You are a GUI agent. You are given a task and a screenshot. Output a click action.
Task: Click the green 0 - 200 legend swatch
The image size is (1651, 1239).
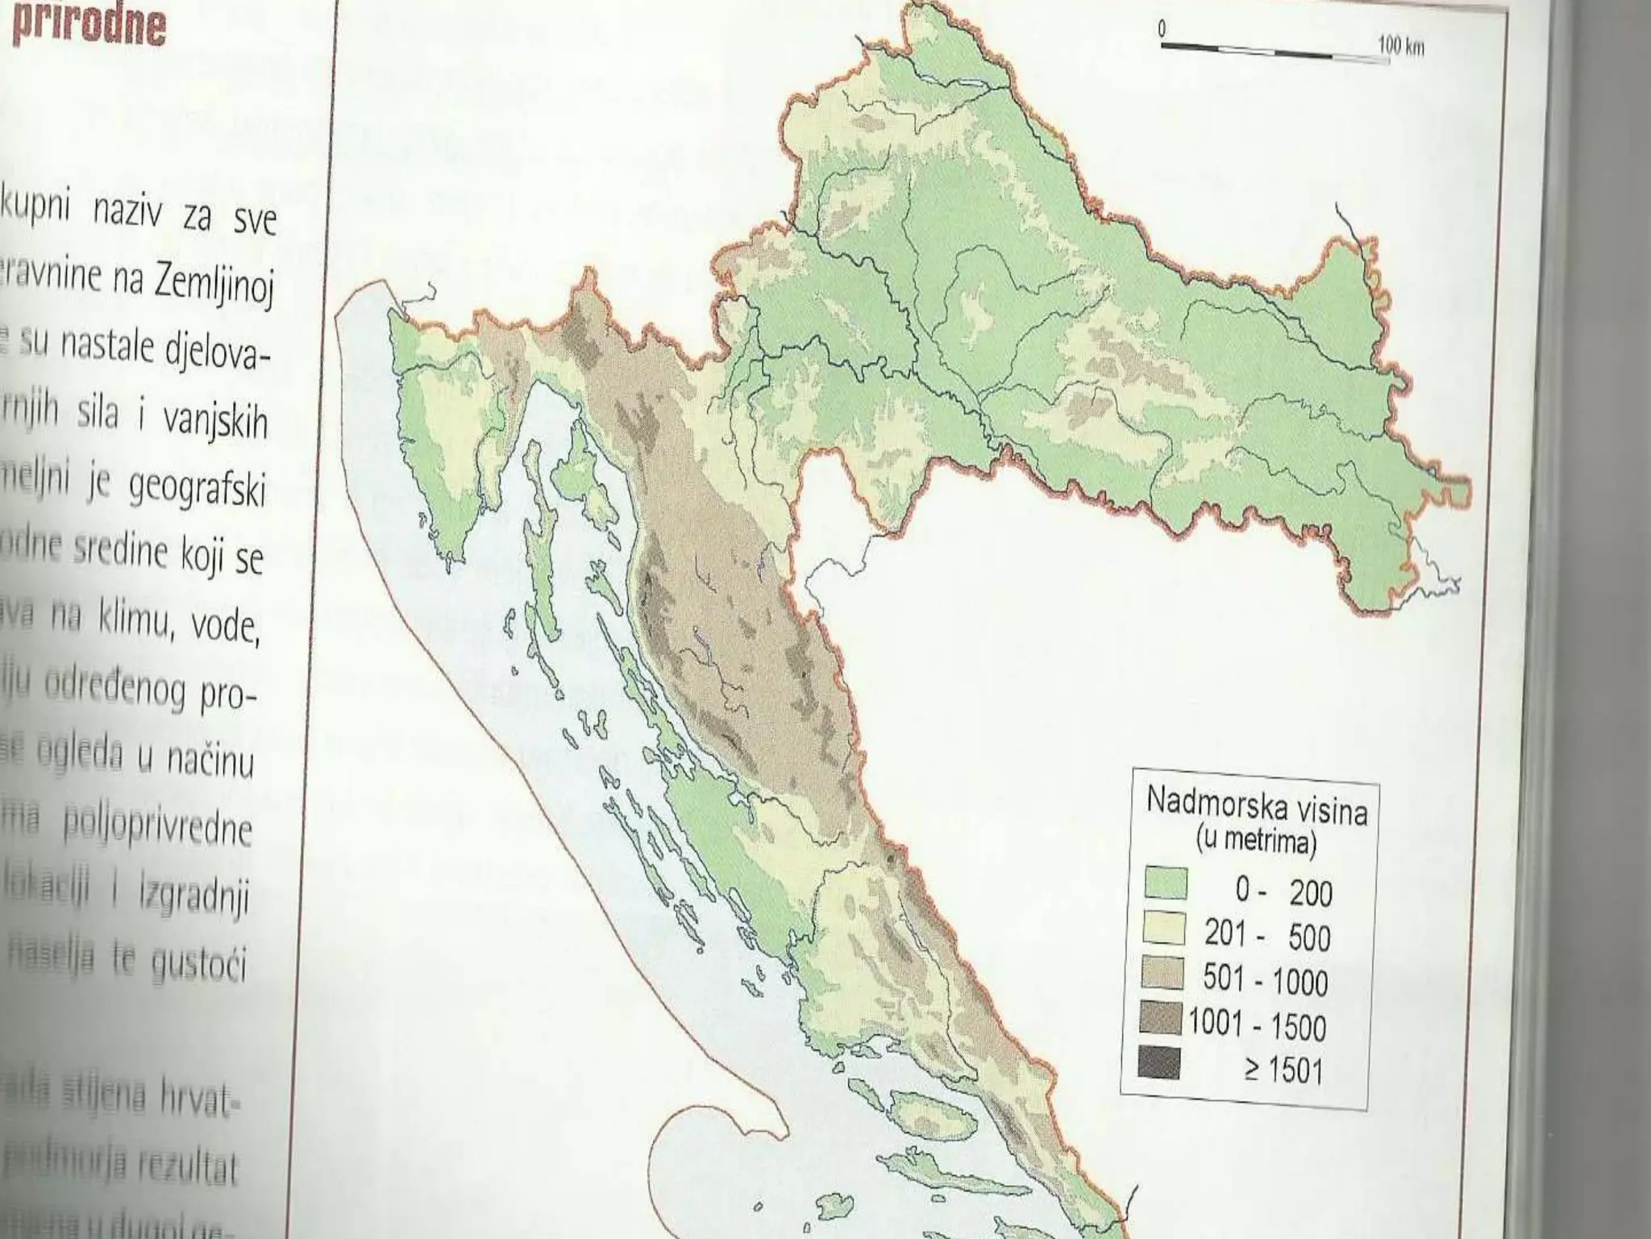[x=1166, y=882]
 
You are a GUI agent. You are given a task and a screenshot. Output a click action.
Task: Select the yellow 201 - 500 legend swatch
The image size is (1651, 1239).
[x=1164, y=928]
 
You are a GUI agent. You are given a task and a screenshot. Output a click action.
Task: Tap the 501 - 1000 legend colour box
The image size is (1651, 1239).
[x=1162, y=973]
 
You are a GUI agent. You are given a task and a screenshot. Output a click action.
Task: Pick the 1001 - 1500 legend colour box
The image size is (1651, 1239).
[x=1161, y=1018]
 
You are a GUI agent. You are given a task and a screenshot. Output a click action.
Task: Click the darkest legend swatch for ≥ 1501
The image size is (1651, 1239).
[x=1159, y=1063]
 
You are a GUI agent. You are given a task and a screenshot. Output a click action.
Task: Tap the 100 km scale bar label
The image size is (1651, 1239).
[x=1401, y=46]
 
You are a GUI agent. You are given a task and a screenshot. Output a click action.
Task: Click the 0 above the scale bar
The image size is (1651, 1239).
[x=1162, y=29]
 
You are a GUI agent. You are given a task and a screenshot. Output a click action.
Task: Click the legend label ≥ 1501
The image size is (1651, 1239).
[x=1283, y=1070]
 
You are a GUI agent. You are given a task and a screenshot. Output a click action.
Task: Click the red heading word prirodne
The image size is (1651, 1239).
[x=89, y=24]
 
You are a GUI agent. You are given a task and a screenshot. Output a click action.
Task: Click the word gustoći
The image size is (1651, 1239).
[x=198, y=965]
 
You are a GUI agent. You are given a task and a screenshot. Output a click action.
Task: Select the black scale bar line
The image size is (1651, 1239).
[x=1270, y=50]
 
